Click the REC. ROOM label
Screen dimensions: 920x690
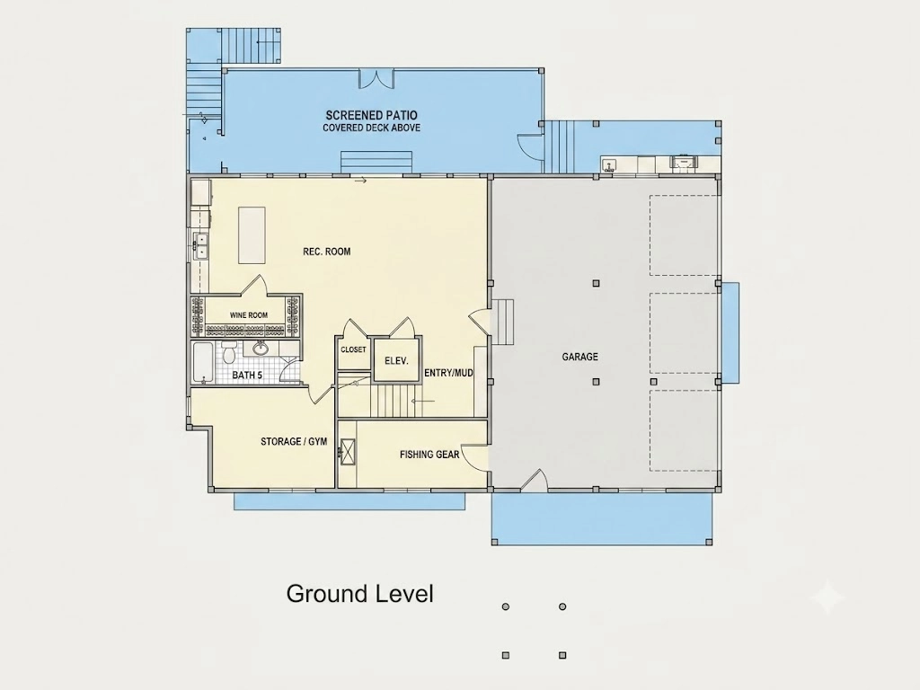[x=327, y=252]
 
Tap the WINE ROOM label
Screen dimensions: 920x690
[x=249, y=315]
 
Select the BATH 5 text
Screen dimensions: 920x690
[x=247, y=375]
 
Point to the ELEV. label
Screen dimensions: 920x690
[x=396, y=361]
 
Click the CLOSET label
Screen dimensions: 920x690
[x=353, y=349]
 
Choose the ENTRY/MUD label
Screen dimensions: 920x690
[x=449, y=373]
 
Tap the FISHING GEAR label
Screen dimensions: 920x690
[x=429, y=454]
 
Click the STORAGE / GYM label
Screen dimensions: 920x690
[x=294, y=441]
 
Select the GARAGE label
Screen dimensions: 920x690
[x=580, y=357]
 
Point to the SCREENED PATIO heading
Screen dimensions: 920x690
[x=372, y=116]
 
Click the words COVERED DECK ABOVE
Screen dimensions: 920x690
[x=372, y=128]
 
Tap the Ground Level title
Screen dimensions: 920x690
[x=360, y=594]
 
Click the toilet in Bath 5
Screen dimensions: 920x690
[x=229, y=352]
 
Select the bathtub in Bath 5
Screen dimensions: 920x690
[x=203, y=363]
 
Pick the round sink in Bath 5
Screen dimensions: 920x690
[x=261, y=349]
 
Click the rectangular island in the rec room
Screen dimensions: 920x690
[x=252, y=234]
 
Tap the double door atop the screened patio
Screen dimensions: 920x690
[x=376, y=78]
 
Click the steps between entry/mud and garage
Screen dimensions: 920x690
[x=502, y=322]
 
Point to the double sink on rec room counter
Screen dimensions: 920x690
[x=201, y=245]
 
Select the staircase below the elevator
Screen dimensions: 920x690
[x=396, y=400]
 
